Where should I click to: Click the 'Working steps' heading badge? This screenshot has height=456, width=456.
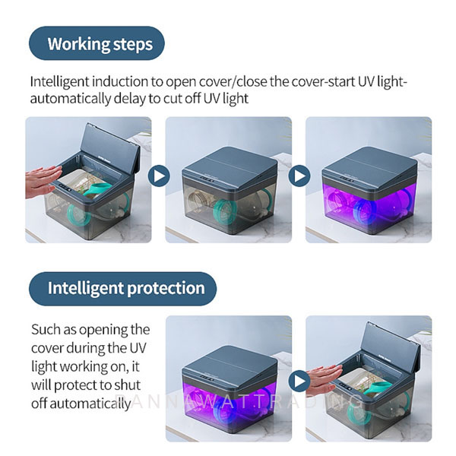(x=97, y=43)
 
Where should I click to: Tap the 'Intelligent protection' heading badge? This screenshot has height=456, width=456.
(x=122, y=289)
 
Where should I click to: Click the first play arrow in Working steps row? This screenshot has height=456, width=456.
(x=159, y=176)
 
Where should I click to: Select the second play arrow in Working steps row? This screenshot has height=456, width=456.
(x=299, y=176)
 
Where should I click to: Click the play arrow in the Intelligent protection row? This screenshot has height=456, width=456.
(x=299, y=381)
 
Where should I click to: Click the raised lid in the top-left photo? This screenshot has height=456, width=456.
(x=112, y=148)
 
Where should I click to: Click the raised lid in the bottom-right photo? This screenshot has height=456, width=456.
(x=392, y=346)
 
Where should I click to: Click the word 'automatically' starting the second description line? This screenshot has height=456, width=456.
(x=71, y=99)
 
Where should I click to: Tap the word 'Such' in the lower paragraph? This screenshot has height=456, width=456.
(x=43, y=330)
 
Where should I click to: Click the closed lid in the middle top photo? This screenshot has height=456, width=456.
(x=230, y=167)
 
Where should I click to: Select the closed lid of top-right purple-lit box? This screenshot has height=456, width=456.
(x=370, y=167)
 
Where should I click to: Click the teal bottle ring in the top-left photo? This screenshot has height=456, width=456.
(x=78, y=214)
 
